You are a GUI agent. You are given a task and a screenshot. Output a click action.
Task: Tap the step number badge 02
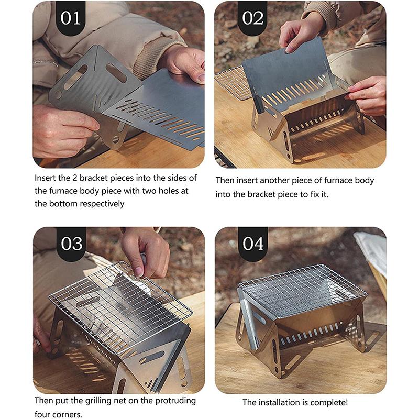coord(252,18)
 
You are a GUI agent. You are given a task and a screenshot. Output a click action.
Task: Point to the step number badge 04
coord(253,244)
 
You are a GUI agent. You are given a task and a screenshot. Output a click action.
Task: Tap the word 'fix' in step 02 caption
coord(320,194)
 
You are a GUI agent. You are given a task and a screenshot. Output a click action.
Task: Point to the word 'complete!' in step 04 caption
coord(330,403)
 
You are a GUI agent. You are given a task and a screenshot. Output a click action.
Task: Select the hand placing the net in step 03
coord(144,251)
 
